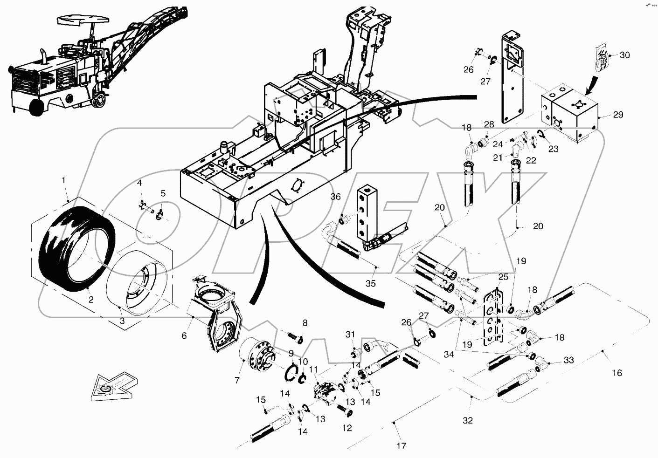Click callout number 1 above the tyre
coord(64,179)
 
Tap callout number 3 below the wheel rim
coord(122,321)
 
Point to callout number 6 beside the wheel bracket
coord(184,335)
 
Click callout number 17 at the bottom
coord(401,446)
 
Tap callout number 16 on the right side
coord(616,372)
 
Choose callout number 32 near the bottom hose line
coord(467,420)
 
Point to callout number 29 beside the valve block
coord(618,115)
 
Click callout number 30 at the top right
coord(624,55)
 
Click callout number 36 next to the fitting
coord(336,197)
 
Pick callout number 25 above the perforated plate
coord(503,277)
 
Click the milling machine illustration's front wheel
coord(36,107)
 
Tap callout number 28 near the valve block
coord(488,124)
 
